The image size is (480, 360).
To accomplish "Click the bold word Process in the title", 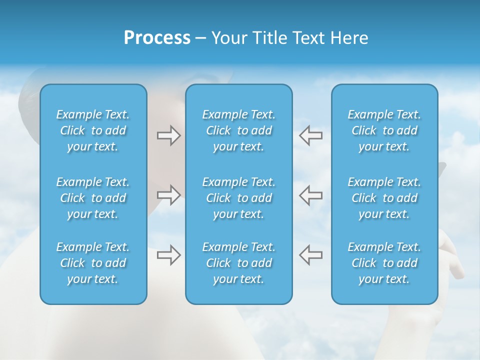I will point(157,38).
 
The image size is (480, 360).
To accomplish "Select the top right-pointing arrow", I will point(168,135).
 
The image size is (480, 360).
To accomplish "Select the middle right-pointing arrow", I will point(168,195).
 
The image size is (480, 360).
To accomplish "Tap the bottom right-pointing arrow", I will point(168,255).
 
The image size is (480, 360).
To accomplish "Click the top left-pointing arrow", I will point(310,135).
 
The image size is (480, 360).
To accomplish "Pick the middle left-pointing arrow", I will point(310,195).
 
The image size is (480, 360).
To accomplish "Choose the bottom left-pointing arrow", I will point(310,255).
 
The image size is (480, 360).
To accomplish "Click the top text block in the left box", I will point(93,130).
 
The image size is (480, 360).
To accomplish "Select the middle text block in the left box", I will point(93,198).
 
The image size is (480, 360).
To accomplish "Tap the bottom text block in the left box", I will point(93,263).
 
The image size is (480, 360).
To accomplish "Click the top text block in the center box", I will point(238,130).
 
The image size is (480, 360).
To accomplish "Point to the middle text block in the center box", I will point(238,198).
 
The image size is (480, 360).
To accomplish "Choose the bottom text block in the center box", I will point(238,263).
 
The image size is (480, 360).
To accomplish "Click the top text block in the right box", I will point(384,130).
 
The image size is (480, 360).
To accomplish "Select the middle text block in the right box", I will point(384,198).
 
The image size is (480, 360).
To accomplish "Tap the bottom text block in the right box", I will point(384,263).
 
